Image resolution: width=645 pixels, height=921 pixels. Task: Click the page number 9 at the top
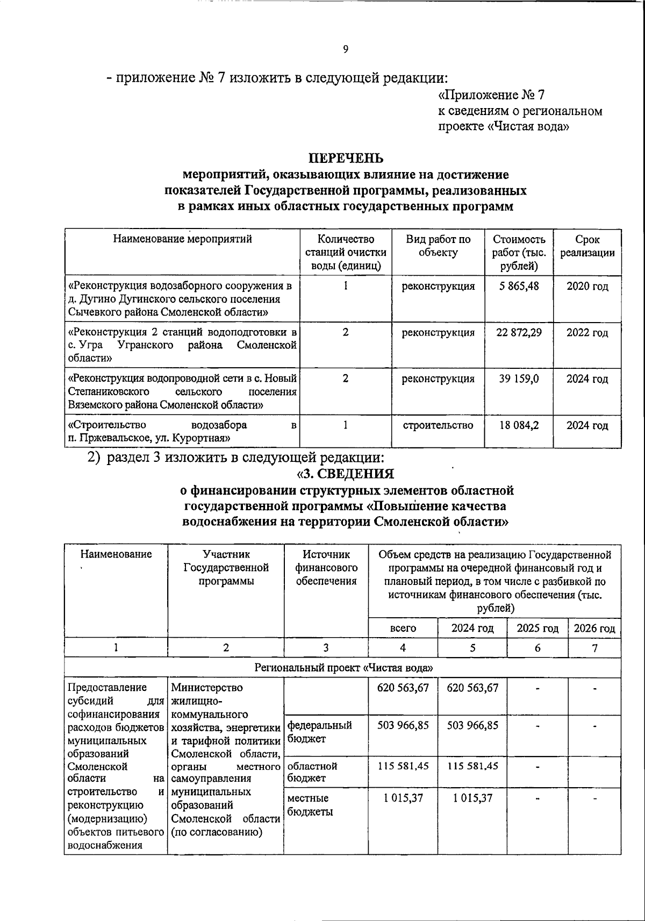345,49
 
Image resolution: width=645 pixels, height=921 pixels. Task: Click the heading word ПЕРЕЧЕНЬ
345,158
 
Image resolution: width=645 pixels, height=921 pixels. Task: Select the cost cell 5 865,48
519,286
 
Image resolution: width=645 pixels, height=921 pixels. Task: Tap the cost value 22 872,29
519,332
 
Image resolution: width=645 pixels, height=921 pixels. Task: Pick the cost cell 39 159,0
519,379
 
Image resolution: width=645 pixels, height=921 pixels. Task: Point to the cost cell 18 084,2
519,425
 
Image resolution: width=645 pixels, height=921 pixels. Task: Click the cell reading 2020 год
587,286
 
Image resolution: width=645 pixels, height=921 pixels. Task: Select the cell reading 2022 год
587,332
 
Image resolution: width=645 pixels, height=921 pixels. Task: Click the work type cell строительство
438,425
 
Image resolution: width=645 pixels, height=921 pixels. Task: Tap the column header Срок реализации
587,246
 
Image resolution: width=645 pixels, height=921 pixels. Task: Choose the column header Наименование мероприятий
182,239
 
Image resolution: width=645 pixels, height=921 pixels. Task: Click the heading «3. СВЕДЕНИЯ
345,474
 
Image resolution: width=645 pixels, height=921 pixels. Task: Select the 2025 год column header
537,628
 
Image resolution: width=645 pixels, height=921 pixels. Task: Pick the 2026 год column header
594,628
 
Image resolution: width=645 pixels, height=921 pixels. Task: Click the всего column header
403,628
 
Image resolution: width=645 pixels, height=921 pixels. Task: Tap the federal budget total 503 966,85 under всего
403,725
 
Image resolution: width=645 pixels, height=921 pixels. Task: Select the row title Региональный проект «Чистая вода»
344,668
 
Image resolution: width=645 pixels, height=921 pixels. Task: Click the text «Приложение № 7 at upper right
491,95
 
